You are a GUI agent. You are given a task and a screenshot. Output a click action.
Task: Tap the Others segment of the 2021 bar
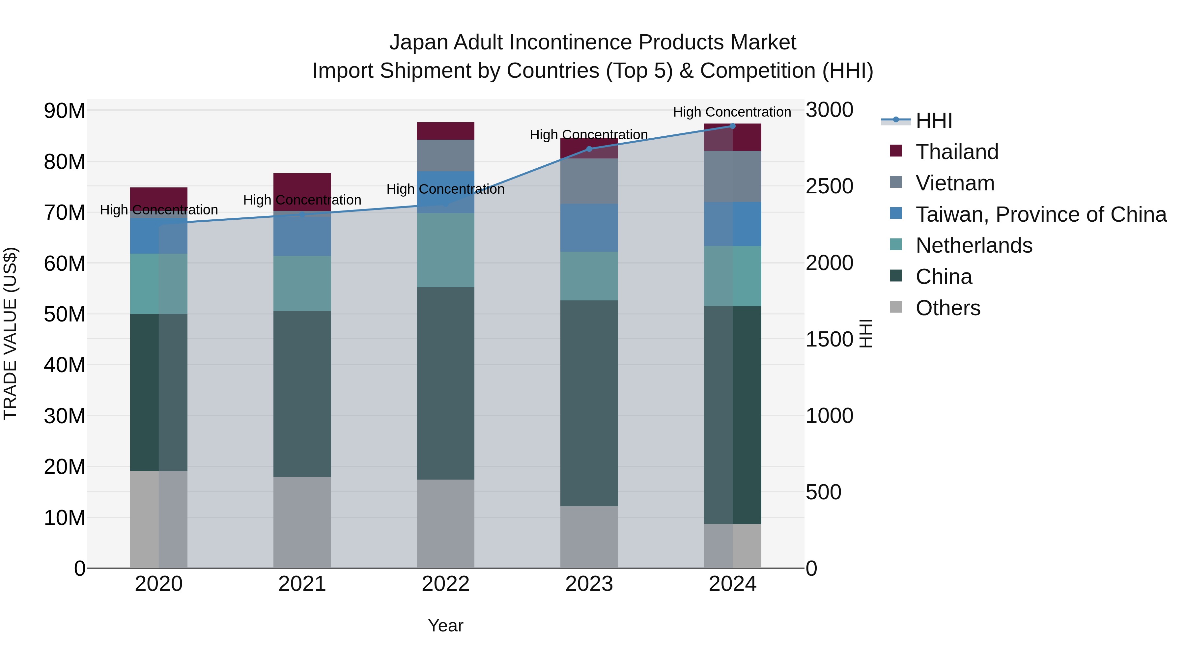302,522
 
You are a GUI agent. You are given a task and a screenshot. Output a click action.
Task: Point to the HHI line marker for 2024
732,126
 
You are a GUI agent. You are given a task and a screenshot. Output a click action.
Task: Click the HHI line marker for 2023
589,149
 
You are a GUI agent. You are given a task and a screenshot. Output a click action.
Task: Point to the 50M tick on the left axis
65,315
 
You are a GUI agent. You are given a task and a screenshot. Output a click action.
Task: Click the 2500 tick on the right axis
829,186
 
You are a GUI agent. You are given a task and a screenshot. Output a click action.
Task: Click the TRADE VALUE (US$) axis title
10,333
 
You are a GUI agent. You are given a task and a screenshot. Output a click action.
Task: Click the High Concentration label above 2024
732,112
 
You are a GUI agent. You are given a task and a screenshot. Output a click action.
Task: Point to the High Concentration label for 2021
302,200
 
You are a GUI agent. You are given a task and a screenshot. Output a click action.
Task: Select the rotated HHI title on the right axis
865,333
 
